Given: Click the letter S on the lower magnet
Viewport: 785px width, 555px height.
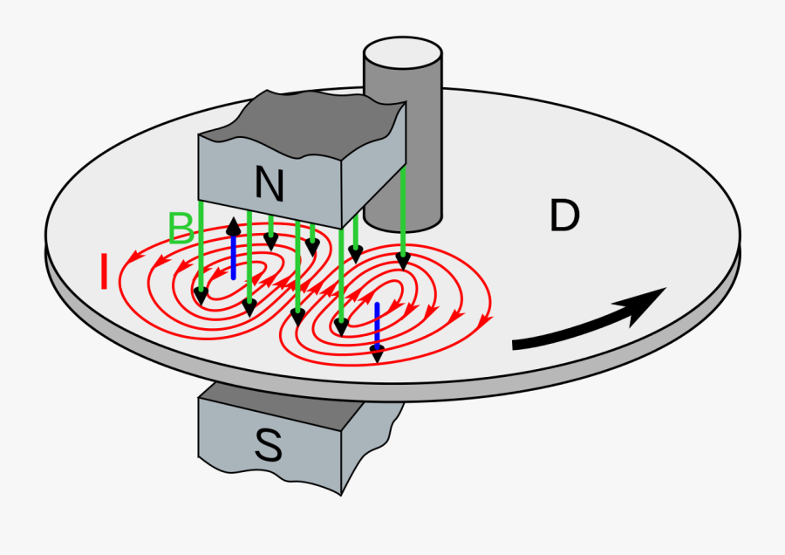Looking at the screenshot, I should point(268,446).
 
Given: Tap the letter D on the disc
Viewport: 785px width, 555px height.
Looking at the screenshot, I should point(564,216).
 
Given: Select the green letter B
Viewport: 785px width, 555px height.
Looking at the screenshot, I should point(181,229).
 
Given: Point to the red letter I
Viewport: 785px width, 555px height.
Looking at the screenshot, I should point(104,271).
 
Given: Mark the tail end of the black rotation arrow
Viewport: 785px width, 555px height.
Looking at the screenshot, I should point(516,344).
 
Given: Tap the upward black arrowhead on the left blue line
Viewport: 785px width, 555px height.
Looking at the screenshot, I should point(233,225).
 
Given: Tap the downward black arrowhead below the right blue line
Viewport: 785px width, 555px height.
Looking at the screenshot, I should point(377,353).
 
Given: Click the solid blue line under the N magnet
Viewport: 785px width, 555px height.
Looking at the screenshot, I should point(233,257).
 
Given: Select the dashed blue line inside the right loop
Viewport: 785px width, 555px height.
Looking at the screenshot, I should point(377,323).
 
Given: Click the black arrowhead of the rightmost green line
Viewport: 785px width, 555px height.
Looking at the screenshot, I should point(403,260).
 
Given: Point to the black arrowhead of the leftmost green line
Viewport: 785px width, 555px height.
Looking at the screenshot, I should point(201,296).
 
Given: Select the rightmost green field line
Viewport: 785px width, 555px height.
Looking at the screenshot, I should point(403,209).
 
